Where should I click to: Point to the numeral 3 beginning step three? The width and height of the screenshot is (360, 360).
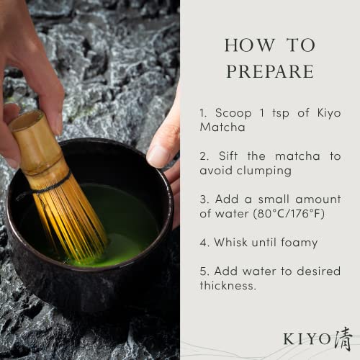pos(202,199)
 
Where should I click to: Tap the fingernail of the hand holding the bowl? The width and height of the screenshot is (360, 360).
pos(157,156)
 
